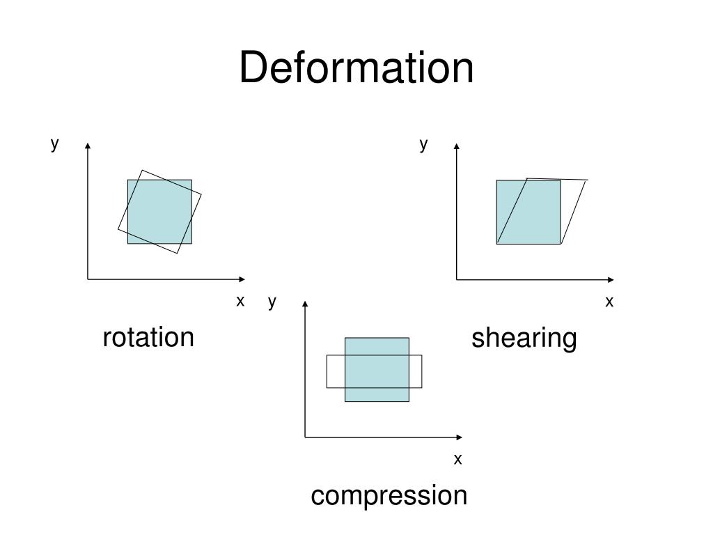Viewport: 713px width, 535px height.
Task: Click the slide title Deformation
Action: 356,68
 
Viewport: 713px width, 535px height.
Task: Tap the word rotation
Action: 148,337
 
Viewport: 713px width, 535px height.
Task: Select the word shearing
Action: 524,339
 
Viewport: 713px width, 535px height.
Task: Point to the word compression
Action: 389,495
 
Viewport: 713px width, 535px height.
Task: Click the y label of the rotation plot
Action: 54,144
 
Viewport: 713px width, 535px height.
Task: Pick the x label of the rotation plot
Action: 240,301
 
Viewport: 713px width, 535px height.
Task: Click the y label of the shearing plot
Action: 423,144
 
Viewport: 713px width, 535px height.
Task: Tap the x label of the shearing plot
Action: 609,301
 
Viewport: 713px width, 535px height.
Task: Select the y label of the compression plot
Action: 272,301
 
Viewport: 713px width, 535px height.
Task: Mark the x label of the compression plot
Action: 457,458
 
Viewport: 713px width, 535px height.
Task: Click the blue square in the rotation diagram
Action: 159,212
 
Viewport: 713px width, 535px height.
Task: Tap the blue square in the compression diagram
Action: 377,369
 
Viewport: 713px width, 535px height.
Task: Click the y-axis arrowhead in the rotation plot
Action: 88,146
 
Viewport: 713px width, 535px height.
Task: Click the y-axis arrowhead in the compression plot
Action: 305,303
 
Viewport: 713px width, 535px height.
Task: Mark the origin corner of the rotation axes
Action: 88,279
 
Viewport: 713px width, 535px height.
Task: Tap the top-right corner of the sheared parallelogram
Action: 588,180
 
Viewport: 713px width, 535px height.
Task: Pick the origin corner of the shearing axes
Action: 457,279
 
